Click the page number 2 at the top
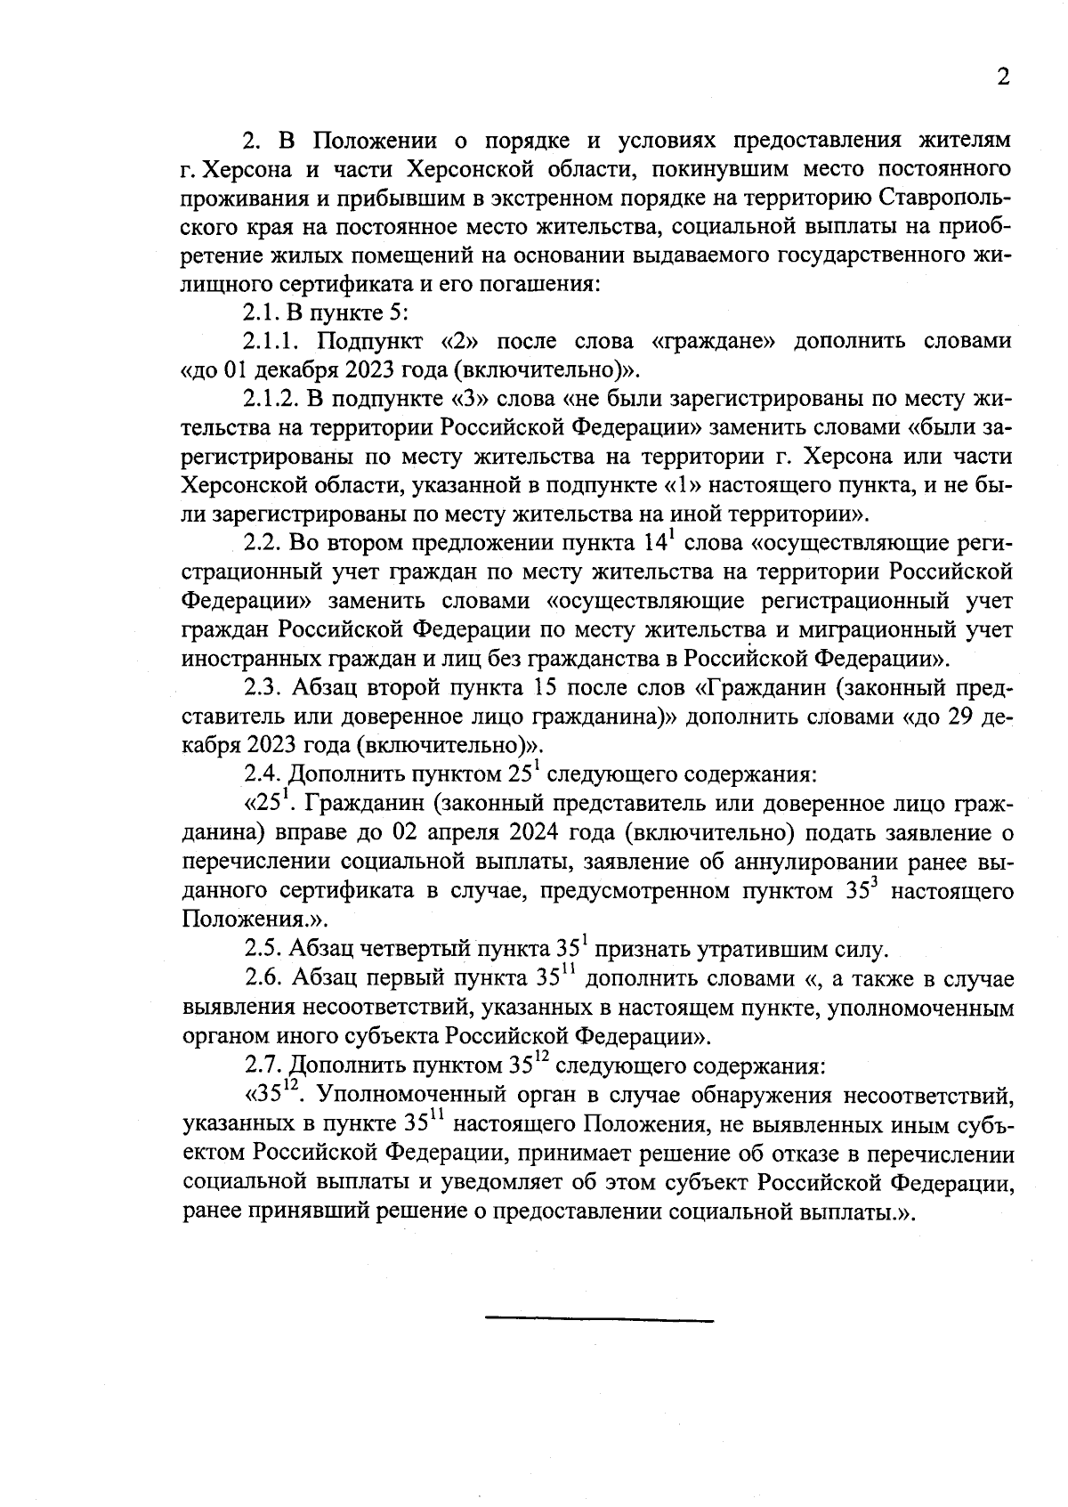click(x=1003, y=77)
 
